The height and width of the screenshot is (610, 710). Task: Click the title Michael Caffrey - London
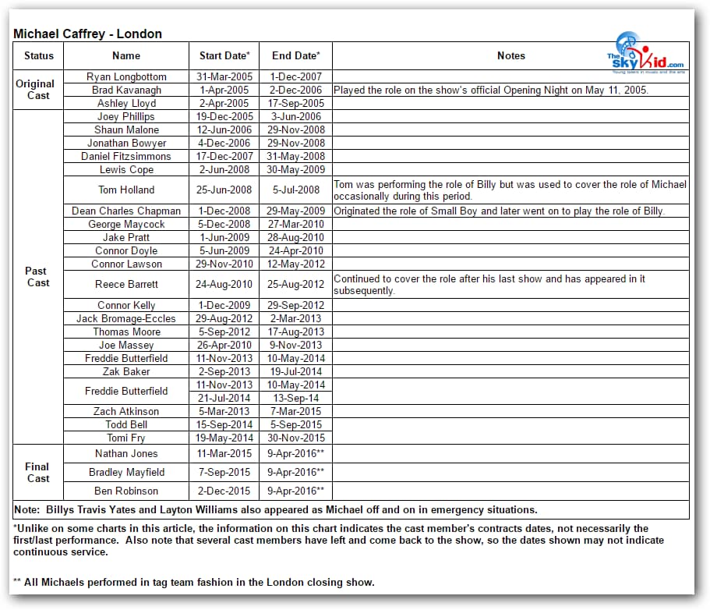click(x=87, y=34)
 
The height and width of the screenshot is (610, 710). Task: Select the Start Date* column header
click(x=224, y=55)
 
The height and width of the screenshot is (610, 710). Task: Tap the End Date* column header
click(x=296, y=55)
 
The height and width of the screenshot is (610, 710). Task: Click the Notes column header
click(x=510, y=55)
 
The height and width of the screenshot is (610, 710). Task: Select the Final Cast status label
click(x=37, y=473)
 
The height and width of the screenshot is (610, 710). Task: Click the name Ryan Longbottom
click(x=126, y=76)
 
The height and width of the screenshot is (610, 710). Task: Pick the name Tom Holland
click(x=126, y=190)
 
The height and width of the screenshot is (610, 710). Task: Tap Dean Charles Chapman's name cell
click(x=126, y=211)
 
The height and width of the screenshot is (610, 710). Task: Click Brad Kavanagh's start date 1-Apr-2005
click(x=224, y=90)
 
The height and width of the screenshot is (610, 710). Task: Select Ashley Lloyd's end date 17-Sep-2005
click(x=296, y=103)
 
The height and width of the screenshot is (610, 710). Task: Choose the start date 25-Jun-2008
click(x=224, y=190)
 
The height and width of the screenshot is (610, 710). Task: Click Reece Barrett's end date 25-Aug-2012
click(x=296, y=285)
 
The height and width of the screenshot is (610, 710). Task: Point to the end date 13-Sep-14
click(x=296, y=398)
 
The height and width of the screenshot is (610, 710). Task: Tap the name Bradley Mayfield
click(x=126, y=472)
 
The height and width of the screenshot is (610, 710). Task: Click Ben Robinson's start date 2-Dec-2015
click(x=224, y=491)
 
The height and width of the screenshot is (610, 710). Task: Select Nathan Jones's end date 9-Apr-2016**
click(x=296, y=453)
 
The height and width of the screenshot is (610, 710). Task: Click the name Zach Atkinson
click(x=126, y=411)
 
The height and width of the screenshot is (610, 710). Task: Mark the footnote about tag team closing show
click(x=194, y=582)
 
